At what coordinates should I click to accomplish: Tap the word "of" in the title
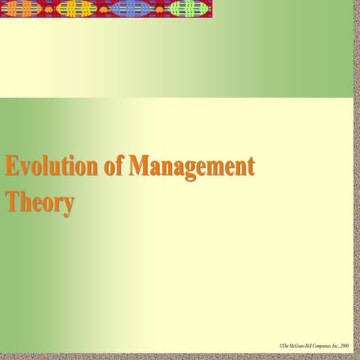click(114, 166)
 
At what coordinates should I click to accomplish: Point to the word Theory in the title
click(39, 203)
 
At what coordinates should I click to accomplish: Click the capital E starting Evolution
click(11, 166)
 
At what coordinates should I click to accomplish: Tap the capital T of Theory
click(11, 202)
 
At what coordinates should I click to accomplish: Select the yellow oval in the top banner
click(76, 9)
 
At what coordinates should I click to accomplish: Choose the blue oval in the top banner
click(129, 9)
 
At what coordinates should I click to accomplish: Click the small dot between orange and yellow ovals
click(49, 9)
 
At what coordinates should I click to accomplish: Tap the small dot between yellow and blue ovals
click(103, 9)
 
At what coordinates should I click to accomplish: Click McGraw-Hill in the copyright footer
click(299, 346)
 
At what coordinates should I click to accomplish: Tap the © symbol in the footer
click(280, 346)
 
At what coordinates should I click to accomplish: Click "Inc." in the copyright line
click(334, 346)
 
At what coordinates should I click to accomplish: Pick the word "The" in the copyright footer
click(285, 346)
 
